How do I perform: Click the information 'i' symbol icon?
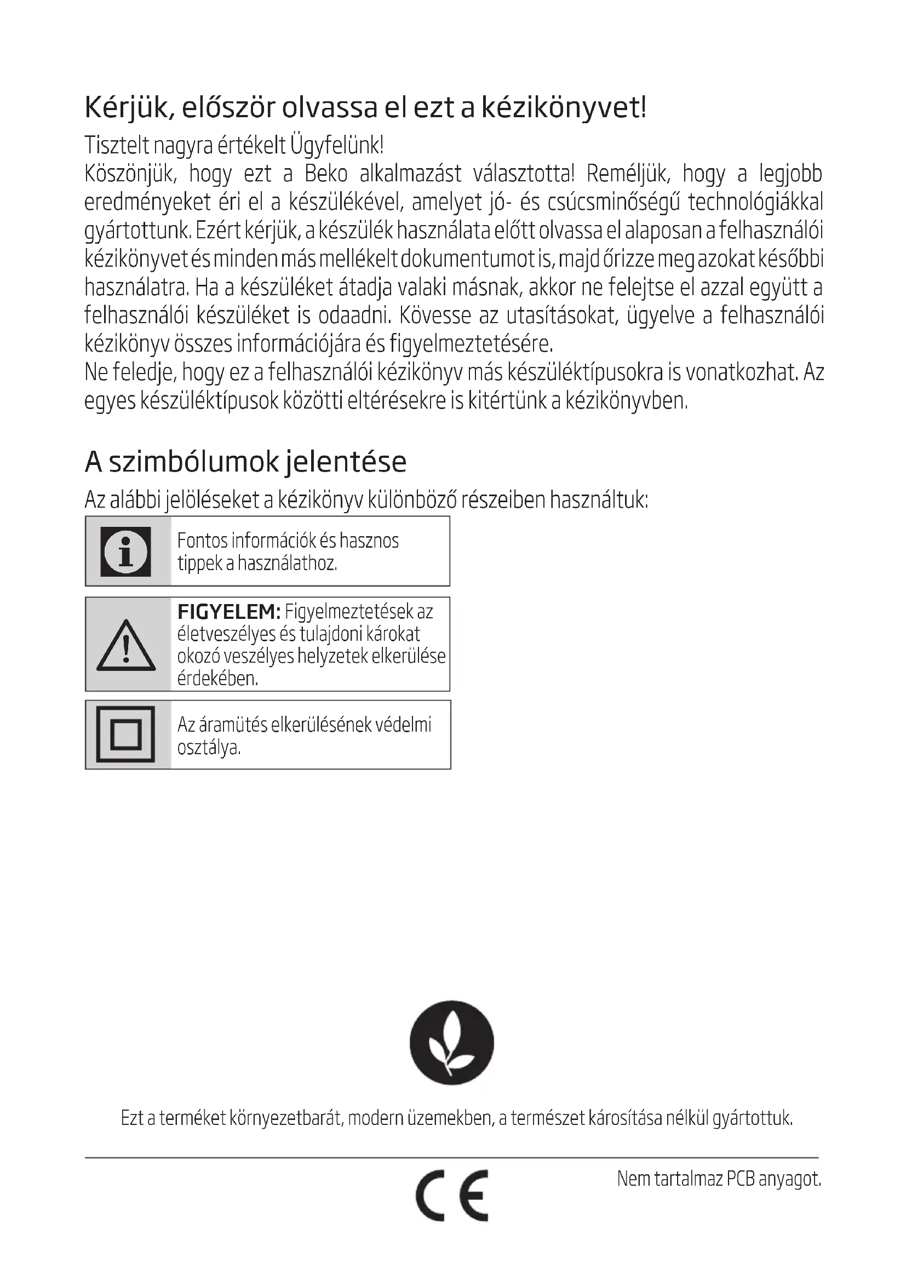[125, 552]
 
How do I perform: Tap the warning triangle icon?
[126, 646]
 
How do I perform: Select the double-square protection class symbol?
[125, 735]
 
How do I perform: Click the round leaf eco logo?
[452, 1042]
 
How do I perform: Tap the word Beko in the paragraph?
[326, 174]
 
